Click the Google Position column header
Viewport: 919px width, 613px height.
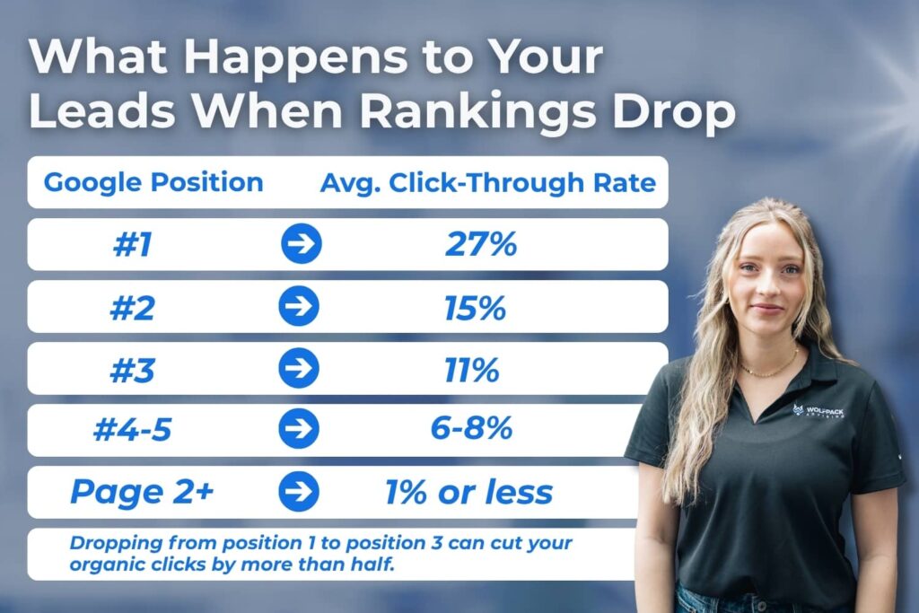(153, 183)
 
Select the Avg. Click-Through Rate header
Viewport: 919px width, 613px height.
(488, 183)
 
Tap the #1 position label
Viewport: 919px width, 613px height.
(132, 245)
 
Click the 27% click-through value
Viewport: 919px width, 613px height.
(481, 245)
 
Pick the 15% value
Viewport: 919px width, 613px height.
(475, 307)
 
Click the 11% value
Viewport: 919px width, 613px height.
(472, 369)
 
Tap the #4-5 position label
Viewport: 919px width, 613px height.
(132, 431)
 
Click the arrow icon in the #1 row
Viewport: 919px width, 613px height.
(300, 245)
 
